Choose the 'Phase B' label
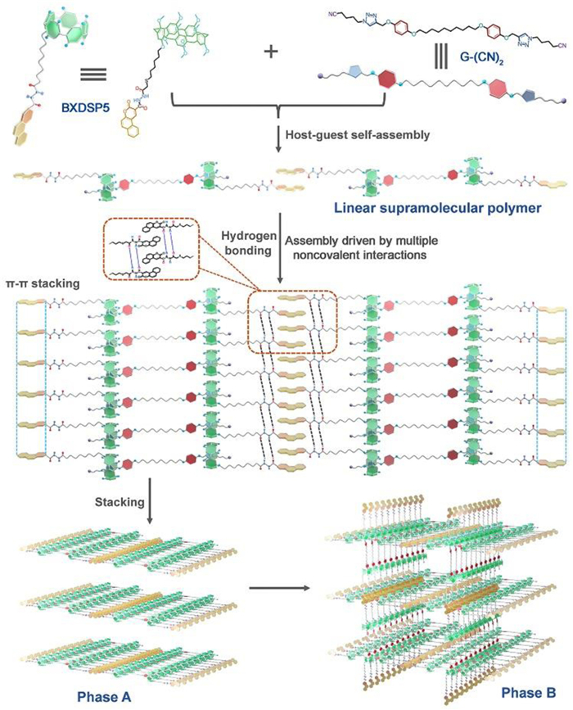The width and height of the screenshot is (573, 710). pyautogui.click(x=528, y=694)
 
